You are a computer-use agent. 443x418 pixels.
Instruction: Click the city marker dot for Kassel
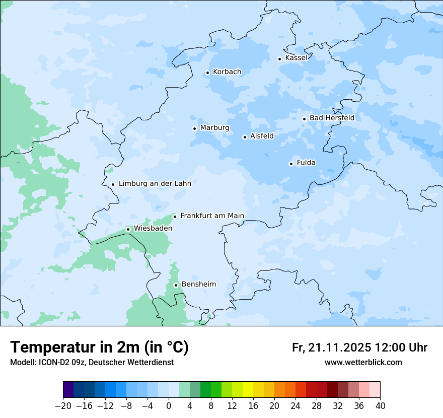(280, 59)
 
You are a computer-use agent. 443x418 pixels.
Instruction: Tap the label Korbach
(227, 72)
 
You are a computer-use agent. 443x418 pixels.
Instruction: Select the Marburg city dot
(194, 128)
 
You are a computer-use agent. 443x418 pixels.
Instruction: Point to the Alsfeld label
(262, 136)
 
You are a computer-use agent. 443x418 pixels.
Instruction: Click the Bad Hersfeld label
(332, 118)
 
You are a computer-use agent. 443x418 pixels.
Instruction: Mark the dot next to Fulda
(291, 164)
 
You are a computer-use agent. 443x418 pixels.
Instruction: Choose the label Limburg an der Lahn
(155, 184)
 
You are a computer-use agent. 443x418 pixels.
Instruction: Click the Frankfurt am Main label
(212, 216)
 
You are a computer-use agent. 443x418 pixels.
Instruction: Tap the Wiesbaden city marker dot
(128, 229)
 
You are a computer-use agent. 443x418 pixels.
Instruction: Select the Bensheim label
(198, 285)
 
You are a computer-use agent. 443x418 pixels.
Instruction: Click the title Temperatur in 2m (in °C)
(100, 347)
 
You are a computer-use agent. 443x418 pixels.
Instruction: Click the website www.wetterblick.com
(363, 363)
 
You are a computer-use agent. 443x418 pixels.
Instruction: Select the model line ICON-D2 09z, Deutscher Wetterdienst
(92, 363)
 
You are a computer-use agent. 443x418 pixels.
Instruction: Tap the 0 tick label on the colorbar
(169, 406)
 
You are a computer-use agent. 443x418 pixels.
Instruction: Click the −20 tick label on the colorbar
(63, 406)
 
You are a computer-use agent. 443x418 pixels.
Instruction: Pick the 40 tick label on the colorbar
(380, 406)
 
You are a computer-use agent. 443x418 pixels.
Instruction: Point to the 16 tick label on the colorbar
(253, 406)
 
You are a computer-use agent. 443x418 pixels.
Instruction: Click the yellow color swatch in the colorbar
(248, 390)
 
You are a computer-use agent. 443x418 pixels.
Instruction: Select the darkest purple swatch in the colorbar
(68, 390)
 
